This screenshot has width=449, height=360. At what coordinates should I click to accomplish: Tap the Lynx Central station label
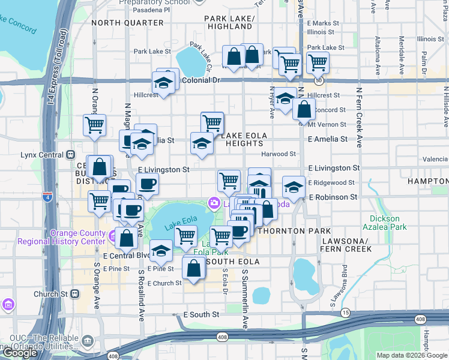click(41, 155)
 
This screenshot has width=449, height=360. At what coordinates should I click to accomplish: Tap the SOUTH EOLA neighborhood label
click(233, 262)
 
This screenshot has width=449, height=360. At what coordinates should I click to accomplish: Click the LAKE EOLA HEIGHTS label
click(243, 140)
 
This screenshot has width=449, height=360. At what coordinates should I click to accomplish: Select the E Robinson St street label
click(333, 197)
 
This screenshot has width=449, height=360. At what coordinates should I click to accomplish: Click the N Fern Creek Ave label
click(359, 118)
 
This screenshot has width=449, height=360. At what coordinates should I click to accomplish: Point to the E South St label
click(201, 314)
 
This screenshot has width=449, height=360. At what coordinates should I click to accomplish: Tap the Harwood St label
click(279, 154)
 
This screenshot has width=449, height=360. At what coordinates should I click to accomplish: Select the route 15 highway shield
click(345, 313)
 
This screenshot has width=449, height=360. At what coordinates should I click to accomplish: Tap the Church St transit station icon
click(75, 294)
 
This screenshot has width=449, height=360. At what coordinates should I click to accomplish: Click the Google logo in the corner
click(20, 352)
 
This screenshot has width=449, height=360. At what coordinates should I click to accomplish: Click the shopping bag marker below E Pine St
click(193, 269)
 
